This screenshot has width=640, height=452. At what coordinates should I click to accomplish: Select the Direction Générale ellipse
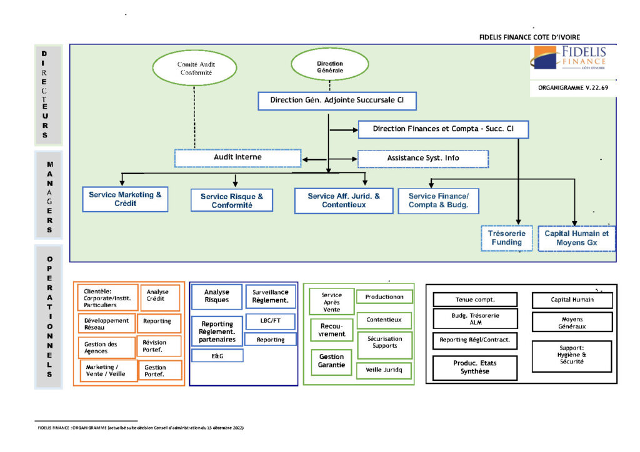329,67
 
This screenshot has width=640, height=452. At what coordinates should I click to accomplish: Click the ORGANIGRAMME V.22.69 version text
573,88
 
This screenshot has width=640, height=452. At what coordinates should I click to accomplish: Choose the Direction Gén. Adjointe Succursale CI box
337,101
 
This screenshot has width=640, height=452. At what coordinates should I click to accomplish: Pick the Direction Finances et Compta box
443,129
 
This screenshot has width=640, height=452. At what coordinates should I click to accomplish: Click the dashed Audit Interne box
237,158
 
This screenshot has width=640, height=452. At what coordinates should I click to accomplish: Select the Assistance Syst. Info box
422,159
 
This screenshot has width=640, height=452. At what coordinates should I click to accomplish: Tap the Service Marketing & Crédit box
125,199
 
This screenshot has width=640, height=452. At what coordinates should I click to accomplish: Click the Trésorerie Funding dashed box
506,238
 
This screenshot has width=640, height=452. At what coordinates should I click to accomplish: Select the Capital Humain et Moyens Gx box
576,238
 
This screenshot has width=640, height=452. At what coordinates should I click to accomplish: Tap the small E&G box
217,356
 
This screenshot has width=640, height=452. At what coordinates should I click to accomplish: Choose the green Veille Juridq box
384,370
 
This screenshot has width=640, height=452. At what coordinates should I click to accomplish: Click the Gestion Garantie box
332,361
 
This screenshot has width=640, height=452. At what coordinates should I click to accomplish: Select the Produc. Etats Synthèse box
475,367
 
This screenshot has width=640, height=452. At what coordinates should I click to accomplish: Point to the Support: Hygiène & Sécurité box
571,356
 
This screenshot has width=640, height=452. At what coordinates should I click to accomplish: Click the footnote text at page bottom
141,428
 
